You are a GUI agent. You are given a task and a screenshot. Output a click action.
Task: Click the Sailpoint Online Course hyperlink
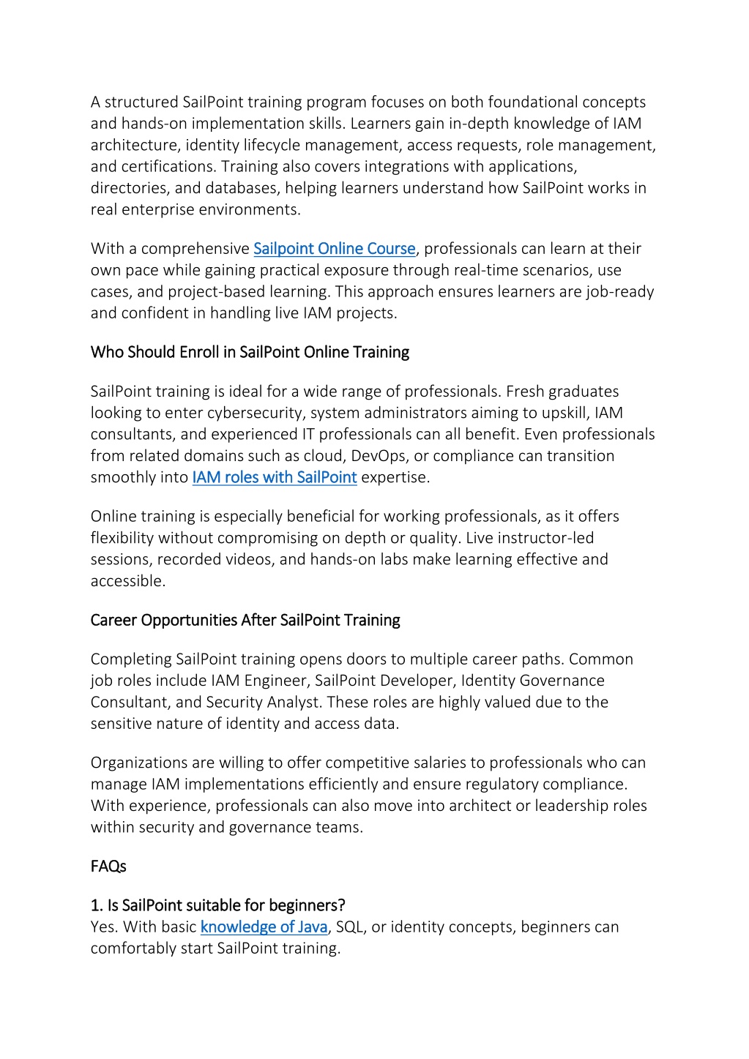click(x=334, y=249)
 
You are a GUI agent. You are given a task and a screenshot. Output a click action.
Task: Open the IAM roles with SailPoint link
click(x=275, y=477)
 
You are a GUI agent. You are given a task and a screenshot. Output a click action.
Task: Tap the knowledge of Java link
click(x=264, y=927)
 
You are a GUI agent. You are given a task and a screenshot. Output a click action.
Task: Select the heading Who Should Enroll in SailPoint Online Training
click(x=250, y=352)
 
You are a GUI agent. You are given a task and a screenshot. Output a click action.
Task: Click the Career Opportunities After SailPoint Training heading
click(x=245, y=620)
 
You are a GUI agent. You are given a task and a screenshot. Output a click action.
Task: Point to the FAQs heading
click(x=108, y=867)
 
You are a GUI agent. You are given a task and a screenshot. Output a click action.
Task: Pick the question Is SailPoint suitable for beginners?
click(x=218, y=905)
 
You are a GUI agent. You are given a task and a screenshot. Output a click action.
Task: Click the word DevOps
click(x=378, y=456)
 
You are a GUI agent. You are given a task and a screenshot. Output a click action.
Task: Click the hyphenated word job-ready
click(x=620, y=292)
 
